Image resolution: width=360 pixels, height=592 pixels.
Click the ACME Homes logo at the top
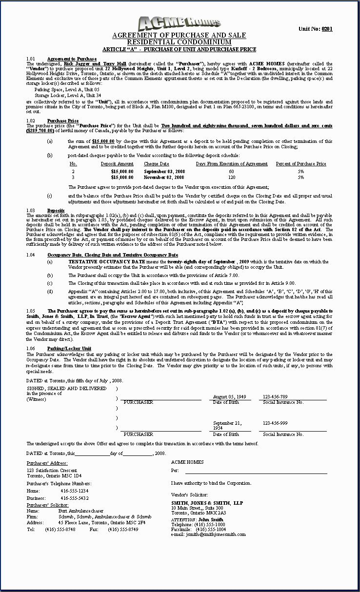pyautogui.click(x=180, y=23)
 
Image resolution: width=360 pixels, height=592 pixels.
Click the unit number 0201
pyautogui.click(x=327, y=29)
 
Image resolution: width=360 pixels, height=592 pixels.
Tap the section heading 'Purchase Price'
pyautogui.click(x=63, y=120)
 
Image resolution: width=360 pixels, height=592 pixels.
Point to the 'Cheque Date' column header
pyautogui.click(x=157, y=164)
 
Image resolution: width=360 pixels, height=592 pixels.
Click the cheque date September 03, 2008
pyautogui.click(x=164, y=172)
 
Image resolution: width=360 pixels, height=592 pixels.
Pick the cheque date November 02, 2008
pyautogui.click(x=164, y=177)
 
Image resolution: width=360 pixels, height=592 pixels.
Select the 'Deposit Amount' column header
pyautogui.click(x=117, y=164)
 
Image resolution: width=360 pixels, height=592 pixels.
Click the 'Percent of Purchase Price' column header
pyautogui.click(x=301, y=164)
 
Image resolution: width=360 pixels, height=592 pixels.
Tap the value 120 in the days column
pyautogui.click(x=231, y=177)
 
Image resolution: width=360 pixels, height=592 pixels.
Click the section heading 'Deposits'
pyautogui.click(x=56, y=210)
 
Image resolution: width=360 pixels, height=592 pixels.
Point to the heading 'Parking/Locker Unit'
pyautogui.click(x=69, y=348)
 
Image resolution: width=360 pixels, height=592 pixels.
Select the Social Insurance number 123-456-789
pyautogui.click(x=275, y=397)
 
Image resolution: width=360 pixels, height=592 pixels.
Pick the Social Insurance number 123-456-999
pyautogui.click(x=275, y=423)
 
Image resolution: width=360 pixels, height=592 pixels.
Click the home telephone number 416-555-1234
pyautogui.click(x=75, y=491)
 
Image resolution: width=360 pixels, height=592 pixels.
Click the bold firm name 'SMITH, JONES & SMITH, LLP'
pyautogui.click(x=207, y=503)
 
